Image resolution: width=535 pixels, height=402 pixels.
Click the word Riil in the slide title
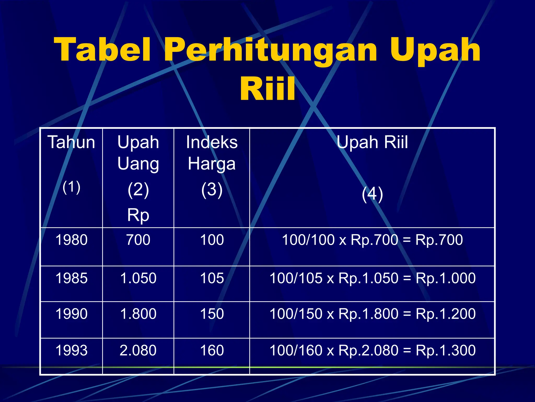click(x=267, y=89)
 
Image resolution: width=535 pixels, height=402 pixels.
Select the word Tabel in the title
click(x=103, y=50)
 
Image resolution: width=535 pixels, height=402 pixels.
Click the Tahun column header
click(x=71, y=142)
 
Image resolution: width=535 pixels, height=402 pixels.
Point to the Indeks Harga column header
click(x=212, y=153)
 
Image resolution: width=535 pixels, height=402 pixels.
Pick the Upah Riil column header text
click(x=372, y=142)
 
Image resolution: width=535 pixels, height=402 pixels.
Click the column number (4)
click(x=372, y=194)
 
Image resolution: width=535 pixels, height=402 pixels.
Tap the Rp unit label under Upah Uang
click(x=138, y=215)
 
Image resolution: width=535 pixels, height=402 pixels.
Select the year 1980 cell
click(x=71, y=240)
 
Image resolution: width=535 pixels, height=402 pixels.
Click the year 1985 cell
click(x=71, y=278)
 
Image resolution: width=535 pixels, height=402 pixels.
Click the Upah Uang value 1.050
click(x=138, y=278)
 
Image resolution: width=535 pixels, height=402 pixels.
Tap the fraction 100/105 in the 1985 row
click(x=296, y=278)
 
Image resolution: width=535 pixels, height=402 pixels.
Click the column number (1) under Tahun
click(x=71, y=187)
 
